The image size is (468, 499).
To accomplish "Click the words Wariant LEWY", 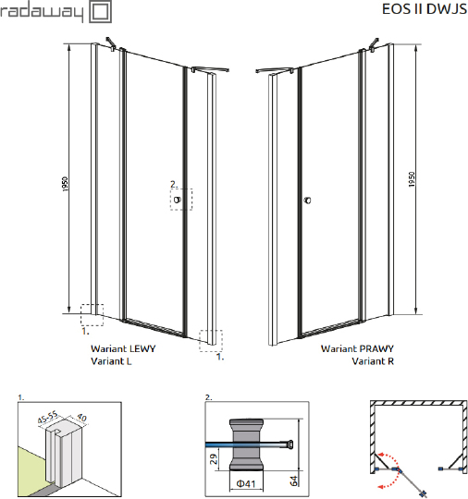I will (123, 350).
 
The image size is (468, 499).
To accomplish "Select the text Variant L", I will (111, 361).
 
